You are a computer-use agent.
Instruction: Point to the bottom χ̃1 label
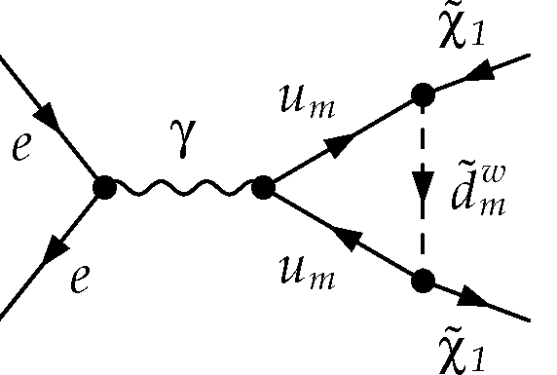pyautogui.click(x=457, y=345)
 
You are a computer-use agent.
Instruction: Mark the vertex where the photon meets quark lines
pyautogui.click(x=261, y=188)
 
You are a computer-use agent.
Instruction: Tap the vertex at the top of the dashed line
pyautogui.click(x=422, y=94)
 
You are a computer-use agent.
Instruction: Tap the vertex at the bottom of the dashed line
pyautogui.click(x=422, y=281)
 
